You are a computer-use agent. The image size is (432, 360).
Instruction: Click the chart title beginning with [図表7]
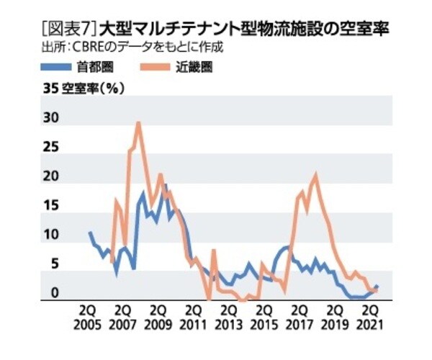point(216,31)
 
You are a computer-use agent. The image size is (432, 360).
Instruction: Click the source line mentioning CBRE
point(133,48)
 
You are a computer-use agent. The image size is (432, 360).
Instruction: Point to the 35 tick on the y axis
point(50,90)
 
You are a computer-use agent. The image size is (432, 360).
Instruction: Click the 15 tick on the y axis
point(50,206)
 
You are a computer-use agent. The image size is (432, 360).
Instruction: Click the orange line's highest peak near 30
point(138,123)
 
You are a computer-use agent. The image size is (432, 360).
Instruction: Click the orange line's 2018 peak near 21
point(315,175)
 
